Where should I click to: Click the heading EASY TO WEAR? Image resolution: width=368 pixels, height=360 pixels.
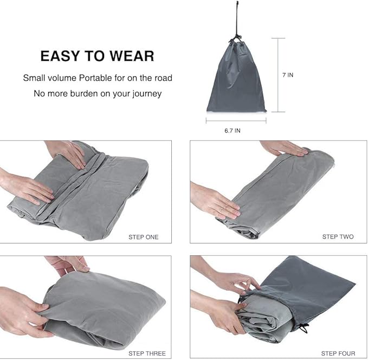(x=97, y=55)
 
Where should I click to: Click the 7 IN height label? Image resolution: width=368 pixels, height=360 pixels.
(x=288, y=75)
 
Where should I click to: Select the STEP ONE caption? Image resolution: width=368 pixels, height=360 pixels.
(x=144, y=237)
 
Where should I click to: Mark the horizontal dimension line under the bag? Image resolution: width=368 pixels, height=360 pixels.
(x=236, y=120)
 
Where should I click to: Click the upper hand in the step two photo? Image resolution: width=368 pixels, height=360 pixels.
(x=282, y=147)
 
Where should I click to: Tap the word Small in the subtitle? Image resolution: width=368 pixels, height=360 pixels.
(x=34, y=78)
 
